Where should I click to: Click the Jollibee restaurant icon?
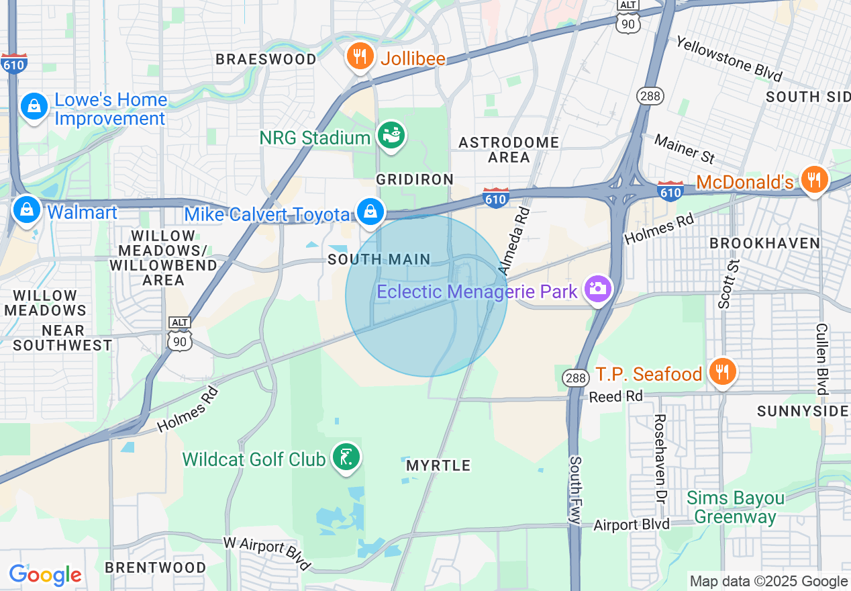coord(360,56)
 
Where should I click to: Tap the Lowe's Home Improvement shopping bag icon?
coord(32,106)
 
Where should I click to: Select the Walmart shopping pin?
coord(26,210)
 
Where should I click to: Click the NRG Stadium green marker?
coord(391,136)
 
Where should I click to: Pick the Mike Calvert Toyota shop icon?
coord(369,212)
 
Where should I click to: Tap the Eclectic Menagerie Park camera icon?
coord(597,289)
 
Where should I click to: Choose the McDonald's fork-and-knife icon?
coord(814,179)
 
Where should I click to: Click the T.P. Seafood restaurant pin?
coord(721,371)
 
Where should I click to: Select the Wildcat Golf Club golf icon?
coord(346,457)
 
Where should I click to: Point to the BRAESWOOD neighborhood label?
coord(266,59)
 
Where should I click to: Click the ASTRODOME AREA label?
coord(509,150)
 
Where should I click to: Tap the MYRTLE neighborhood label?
coord(438,465)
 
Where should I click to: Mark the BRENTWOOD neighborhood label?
coord(156,567)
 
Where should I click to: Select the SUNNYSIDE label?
coord(803,411)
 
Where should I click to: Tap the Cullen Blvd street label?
coord(821,359)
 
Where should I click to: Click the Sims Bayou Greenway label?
coord(735,508)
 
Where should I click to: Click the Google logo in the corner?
coord(45,575)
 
